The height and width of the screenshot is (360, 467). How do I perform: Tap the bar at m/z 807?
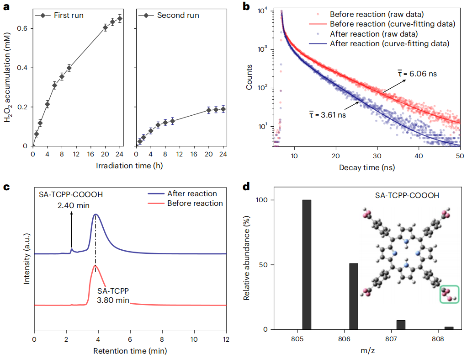pyautogui.click(x=401, y=325)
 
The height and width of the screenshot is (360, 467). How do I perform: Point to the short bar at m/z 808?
pyautogui.click(x=449, y=328)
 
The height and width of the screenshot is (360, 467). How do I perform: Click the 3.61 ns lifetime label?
pyautogui.click(x=327, y=114)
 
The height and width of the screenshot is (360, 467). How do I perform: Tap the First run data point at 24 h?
pyautogui.click(x=120, y=19)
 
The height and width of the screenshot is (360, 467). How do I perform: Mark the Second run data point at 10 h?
pyautogui.click(x=172, y=121)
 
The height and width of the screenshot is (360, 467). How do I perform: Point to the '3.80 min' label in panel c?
pyautogui.click(x=113, y=301)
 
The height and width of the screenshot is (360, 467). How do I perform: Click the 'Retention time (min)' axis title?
pyautogui.click(x=130, y=351)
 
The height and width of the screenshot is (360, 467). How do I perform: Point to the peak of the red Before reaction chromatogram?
pyautogui.click(x=95, y=265)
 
